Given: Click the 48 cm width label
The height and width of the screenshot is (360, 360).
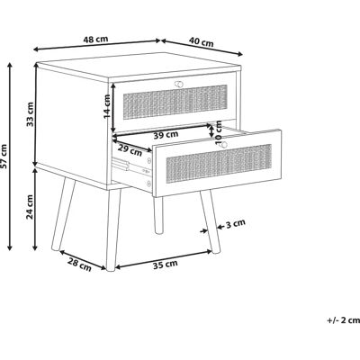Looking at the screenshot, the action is pos(95,40).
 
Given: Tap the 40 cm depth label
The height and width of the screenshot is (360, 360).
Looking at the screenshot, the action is pos(202,42).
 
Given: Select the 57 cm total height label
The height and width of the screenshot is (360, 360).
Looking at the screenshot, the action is pos(4,156).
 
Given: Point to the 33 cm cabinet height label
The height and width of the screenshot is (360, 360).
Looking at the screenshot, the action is pos(30,114).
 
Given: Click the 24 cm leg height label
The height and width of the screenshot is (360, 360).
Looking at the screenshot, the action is pos(30,207).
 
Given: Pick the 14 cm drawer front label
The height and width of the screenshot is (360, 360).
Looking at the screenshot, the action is pos(107,106).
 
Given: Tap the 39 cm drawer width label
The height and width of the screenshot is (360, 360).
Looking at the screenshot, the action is pos(166,135).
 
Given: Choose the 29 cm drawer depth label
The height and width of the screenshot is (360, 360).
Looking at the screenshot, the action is pos(130,150).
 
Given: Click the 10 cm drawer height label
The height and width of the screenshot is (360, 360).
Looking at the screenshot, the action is pos(219,132).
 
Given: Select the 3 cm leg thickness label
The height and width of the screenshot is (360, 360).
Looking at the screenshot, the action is pos(236,223).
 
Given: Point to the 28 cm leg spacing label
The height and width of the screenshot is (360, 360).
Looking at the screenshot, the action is pos(79,265).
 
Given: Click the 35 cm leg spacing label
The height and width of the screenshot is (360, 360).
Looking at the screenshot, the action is pos(166,265).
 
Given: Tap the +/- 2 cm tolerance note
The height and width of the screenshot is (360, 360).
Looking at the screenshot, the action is pos(343,320).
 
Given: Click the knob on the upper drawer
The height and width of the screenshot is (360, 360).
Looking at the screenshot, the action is pos(179,84).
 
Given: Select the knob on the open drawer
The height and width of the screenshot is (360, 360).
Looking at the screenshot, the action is pos(222,145).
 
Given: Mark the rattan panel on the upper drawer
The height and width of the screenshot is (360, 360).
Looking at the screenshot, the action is pos(175,102).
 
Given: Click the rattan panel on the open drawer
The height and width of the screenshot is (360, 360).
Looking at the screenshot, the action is pos(219,164).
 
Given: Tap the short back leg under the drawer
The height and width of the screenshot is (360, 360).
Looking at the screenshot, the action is pos(158,215).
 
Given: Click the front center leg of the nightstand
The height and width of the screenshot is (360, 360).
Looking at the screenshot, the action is pos(112,229).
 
